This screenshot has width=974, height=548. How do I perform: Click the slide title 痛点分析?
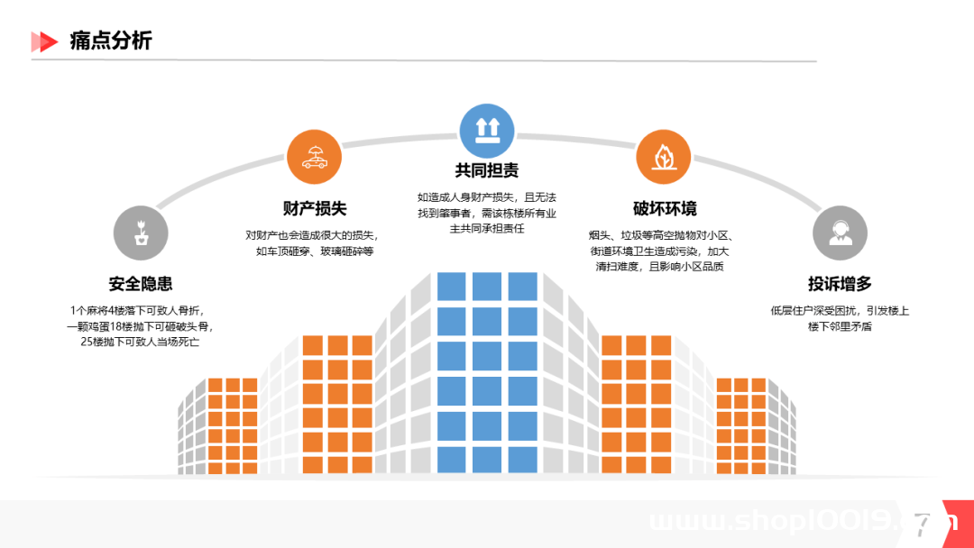tap(111, 41)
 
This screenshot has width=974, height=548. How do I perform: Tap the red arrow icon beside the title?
tap(44, 41)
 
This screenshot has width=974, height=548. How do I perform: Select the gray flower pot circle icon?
tap(141, 233)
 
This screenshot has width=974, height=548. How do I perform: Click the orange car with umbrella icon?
tap(315, 157)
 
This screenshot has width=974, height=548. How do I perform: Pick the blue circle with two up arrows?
tap(487, 131)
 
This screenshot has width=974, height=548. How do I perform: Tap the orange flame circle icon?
tap(664, 157)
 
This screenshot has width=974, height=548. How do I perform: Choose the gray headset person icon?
tap(840, 233)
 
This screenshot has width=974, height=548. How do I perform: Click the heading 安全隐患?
tap(141, 284)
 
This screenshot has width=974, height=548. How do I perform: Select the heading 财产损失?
tap(315, 208)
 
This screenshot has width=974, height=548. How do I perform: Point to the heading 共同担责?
tap(486, 170)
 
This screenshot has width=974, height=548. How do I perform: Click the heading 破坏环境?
tap(665, 208)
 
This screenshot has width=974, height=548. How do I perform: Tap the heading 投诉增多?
tap(840, 284)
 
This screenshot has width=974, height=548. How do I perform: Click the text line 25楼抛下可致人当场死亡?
tap(140, 342)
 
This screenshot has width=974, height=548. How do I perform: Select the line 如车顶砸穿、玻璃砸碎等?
tap(315, 251)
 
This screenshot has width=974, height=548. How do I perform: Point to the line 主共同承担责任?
tap(487, 228)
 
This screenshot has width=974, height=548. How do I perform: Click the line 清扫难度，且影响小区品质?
tap(659, 267)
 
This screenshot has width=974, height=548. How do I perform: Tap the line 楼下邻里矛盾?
tap(840, 326)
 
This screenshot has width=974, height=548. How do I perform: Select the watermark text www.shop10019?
tap(771, 520)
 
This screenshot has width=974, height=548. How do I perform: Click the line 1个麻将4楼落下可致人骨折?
tap(137, 311)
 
